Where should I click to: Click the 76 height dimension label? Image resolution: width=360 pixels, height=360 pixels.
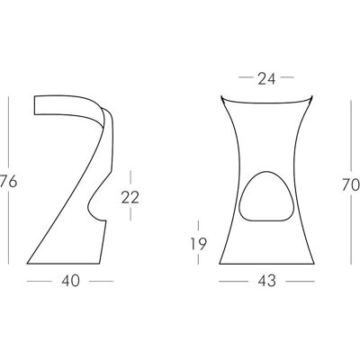(x=8, y=182)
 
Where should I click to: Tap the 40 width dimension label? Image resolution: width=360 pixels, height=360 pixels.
(x=70, y=281)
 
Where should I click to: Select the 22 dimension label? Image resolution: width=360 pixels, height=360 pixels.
(x=130, y=197)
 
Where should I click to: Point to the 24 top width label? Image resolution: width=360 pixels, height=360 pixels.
(x=266, y=78)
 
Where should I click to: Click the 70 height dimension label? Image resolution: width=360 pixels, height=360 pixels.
(x=351, y=184)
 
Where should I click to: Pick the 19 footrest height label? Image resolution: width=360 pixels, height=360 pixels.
(x=198, y=244)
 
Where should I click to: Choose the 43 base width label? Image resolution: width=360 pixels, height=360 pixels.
(x=266, y=281)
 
